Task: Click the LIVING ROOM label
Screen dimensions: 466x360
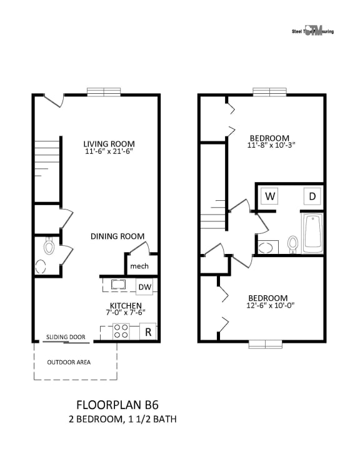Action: tap(109, 143)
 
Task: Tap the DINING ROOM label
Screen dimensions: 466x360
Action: tap(117, 236)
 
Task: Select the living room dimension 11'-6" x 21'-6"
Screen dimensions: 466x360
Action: tap(109, 151)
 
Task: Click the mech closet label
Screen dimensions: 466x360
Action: tap(139, 267)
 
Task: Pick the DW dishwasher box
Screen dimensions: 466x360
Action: tap(145, 286)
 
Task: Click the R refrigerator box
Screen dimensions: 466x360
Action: tap(148, 332)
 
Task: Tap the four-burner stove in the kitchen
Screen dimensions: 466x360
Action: tap(121, 332)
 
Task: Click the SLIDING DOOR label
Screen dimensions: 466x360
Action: tap(66, 337)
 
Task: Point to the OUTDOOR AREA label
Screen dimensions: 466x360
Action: tap(69, 362)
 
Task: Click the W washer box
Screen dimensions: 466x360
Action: tap(270, 196)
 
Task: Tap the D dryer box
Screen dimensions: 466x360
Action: tap(312, 196)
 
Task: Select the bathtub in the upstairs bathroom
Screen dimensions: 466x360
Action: tap(312, 234)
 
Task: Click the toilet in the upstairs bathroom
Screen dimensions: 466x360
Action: tap(292, 243)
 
